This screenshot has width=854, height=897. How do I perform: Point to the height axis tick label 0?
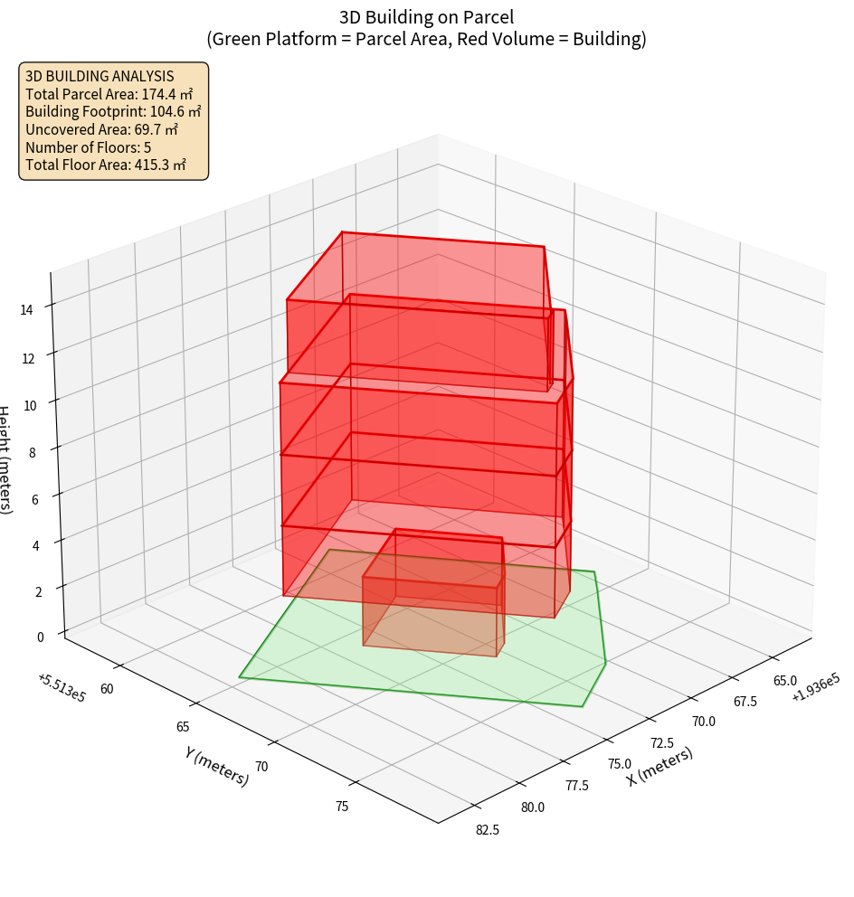click(40, 637)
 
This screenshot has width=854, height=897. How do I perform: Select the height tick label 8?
click(33, 452)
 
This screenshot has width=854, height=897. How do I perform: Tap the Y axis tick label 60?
click(107, 689)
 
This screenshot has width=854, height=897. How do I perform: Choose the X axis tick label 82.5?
click(487, 830)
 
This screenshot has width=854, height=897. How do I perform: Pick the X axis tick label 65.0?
click(783, 680)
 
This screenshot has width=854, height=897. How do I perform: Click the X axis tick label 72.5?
click(661, 742)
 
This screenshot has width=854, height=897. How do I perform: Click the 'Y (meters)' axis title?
click(217, 765)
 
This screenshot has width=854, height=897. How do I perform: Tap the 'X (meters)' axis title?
click(660, 767)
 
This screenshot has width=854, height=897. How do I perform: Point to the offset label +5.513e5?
click(62, 688)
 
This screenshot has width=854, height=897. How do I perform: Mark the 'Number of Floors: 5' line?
click(88, 147)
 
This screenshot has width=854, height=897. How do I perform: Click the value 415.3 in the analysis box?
click(155, 165)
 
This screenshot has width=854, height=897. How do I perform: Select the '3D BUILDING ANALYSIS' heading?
click(87, 76)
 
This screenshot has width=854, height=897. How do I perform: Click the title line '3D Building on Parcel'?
click(426, 16)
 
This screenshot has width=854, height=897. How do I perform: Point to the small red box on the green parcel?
click(432, 601)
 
